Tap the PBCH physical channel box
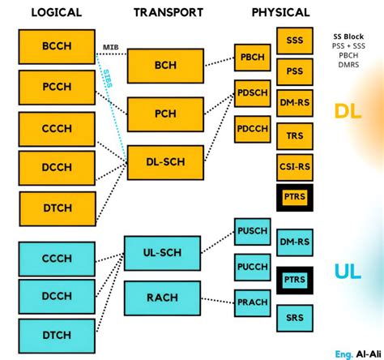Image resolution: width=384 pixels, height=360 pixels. click(x=253, y=57)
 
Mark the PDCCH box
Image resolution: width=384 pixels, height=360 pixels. click(x=253, y=129)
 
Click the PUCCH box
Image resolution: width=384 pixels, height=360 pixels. click(x=252, y=267)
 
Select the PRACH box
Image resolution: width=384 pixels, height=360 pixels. click(x=252, y=302)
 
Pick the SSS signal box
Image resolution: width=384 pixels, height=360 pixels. click(x=295, y=40)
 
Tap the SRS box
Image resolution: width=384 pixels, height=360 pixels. click(x=295, y=317)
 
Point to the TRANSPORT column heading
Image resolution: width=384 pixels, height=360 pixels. click(x=168, y=12)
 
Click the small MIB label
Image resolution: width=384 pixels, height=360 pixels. click(x=111, y=47)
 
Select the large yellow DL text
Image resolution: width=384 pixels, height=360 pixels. click(x=348, y=111)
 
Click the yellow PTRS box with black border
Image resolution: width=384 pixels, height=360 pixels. click(x=295, y=197)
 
